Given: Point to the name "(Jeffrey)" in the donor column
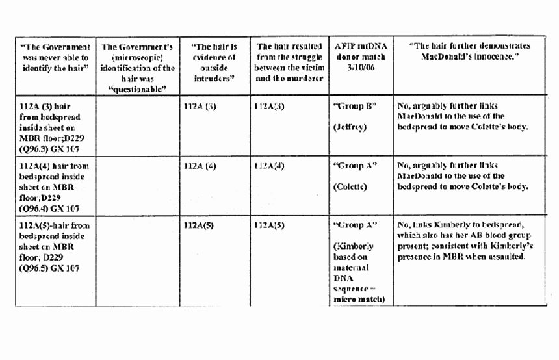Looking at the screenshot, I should click(x=350, y=127).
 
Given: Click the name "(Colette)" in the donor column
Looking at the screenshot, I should click(x=351, y=187).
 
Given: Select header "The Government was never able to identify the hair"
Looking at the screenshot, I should click(x=55, y=57).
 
